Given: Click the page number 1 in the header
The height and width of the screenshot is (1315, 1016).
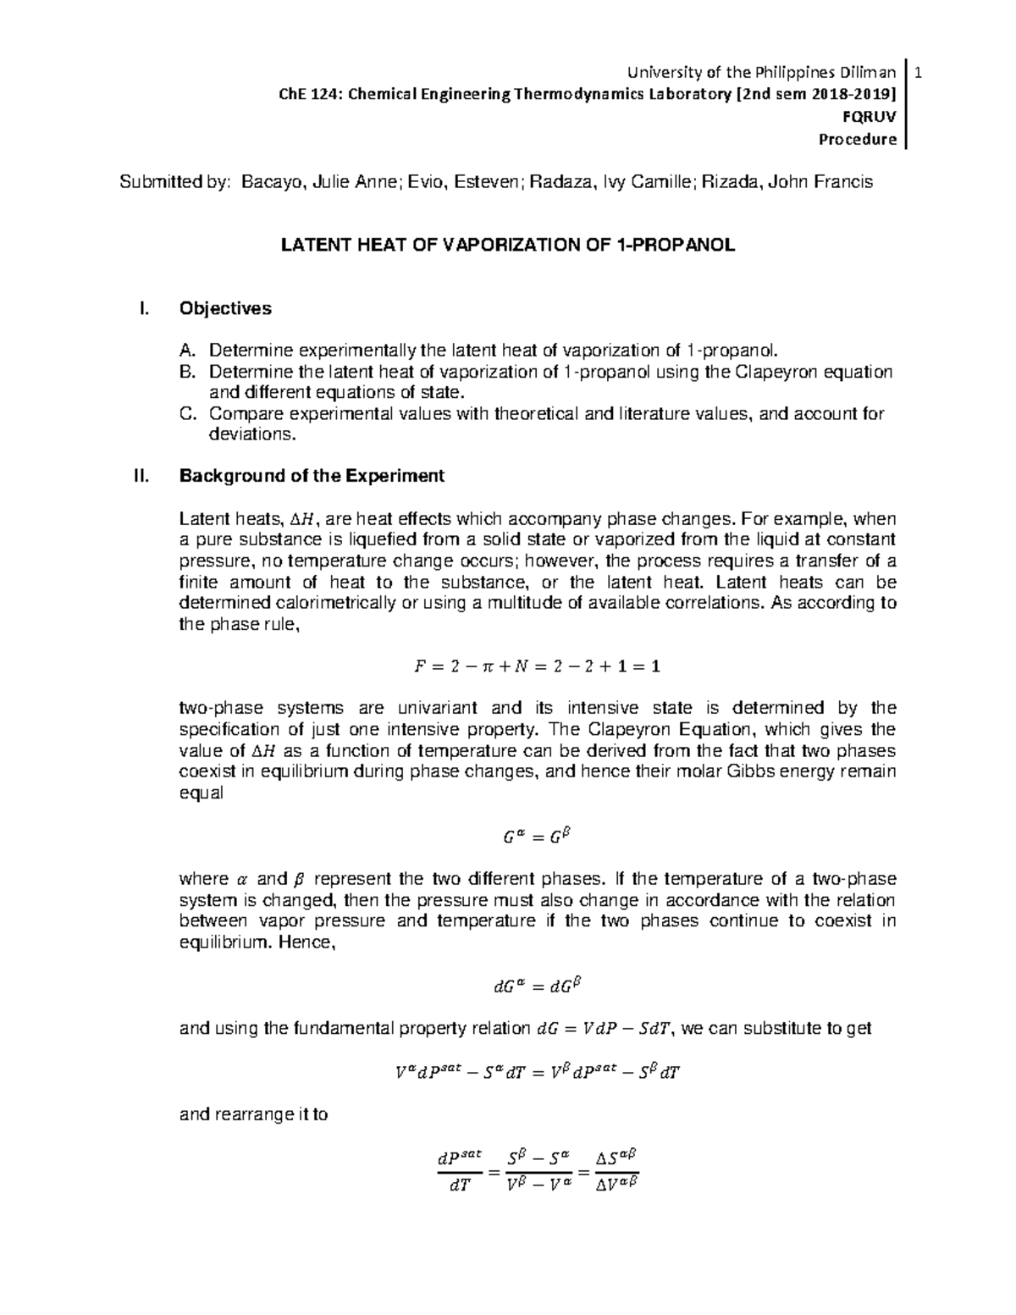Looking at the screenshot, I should coord(919,75).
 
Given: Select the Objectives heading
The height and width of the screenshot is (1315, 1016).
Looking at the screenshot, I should coord(225,308).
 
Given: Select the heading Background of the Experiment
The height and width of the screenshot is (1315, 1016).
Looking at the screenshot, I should coord(312,476).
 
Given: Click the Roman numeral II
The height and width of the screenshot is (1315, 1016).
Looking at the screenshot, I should coord(141,476).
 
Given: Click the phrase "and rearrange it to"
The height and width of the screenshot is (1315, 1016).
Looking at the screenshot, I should coord(254,1114).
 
